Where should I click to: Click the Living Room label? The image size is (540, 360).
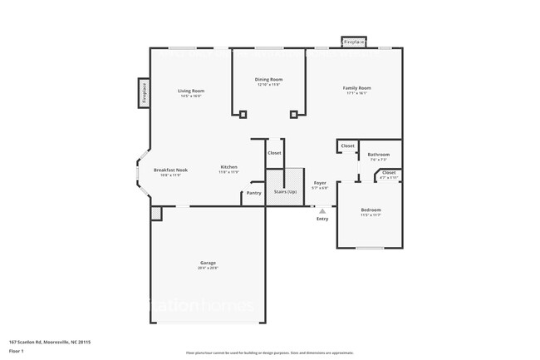[x=191, y=91]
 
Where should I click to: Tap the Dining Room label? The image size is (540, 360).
[x=269, y=80]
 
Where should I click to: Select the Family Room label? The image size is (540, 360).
[x=357, y=87]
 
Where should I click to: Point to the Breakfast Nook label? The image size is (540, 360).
[x=170, y=170]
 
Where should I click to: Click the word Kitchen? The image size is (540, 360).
[x=229, y=167]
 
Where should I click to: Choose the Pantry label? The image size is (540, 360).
[x=253, y=193]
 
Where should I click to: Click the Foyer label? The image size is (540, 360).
[x=320, y=183]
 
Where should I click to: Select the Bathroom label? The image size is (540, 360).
[x=379, y=154]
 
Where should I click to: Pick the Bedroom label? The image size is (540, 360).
[x=371, y=210]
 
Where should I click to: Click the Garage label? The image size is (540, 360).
[x=207, y=263]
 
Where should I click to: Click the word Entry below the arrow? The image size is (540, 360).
[x=322, y=219]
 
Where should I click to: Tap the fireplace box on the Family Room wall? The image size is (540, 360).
[x=354, y=42]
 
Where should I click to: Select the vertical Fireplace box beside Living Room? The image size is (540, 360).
[x=144, y=93]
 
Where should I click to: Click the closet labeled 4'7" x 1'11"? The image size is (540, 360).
[x=389, y=174]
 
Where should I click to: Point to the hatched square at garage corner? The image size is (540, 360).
[x=155, y=214]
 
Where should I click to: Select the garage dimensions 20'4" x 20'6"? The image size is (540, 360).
[x=207, y=269]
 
